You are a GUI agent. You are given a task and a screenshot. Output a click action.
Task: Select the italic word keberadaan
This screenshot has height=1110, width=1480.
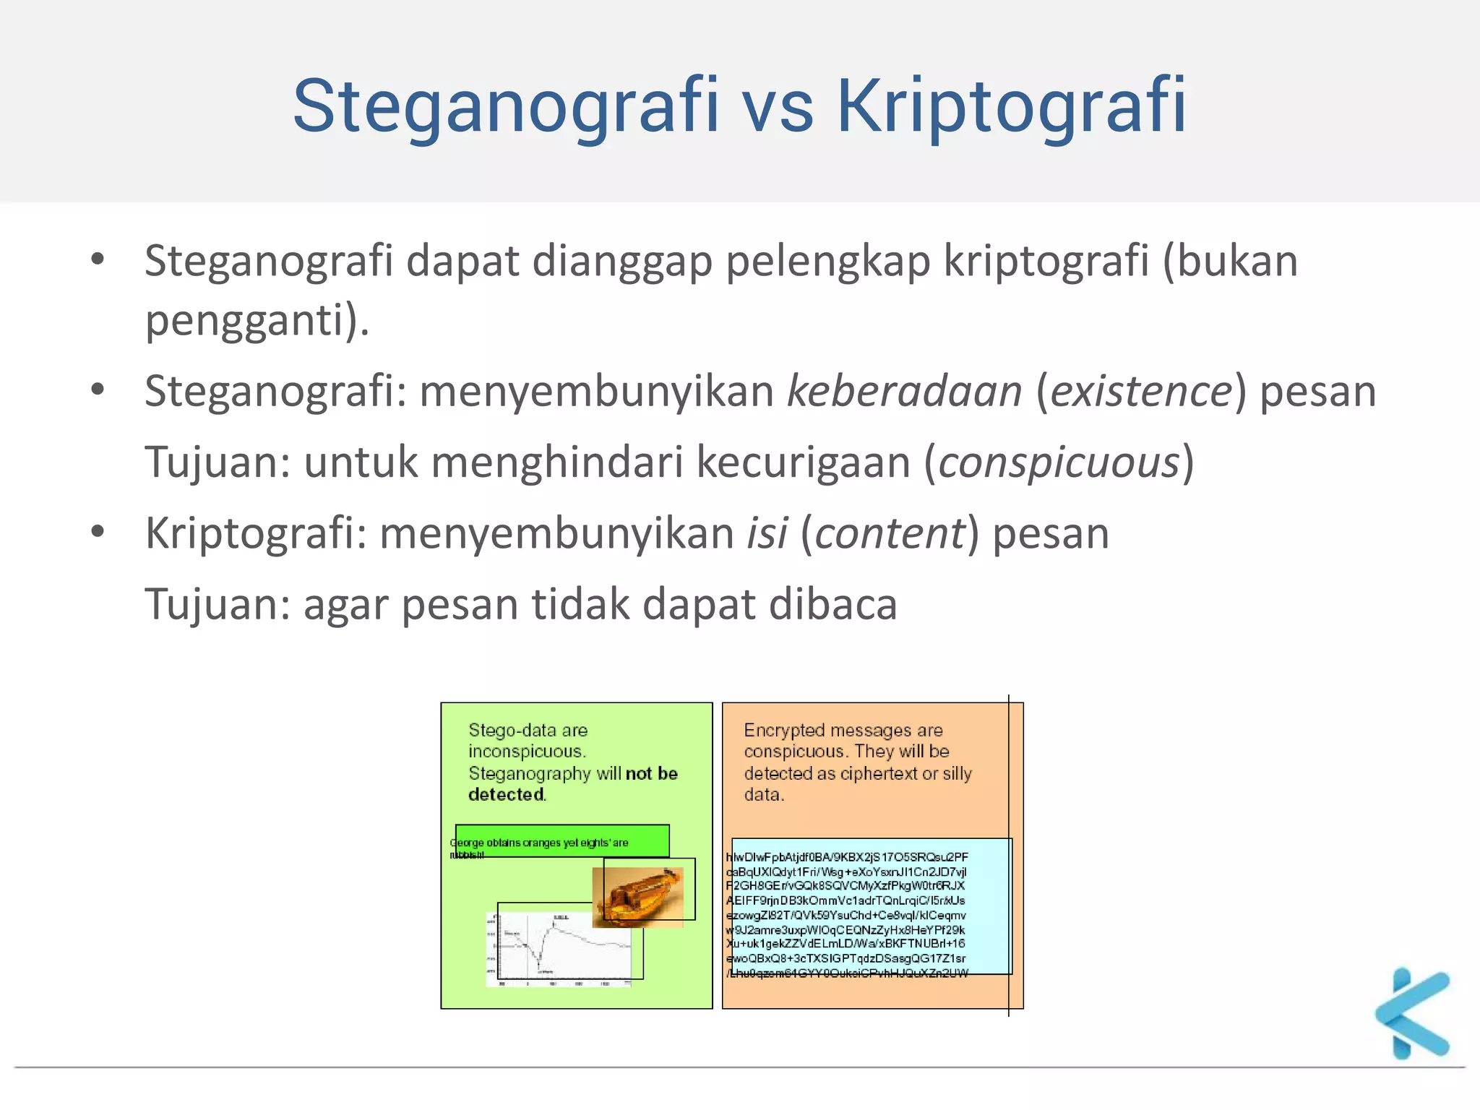[904, 392]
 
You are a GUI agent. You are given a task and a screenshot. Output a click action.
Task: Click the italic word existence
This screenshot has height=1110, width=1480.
[1141, 392]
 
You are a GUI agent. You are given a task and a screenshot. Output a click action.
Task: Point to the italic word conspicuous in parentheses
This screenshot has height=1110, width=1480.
[1059, 462]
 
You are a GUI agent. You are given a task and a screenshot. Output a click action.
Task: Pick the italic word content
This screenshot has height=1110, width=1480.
[890, 533]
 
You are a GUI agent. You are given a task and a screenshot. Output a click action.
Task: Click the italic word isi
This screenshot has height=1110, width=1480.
[767, 533]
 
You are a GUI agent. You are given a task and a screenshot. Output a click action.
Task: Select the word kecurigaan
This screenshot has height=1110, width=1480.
[803, 462]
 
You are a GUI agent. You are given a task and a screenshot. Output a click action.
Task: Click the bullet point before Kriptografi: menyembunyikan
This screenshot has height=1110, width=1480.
[98, 532]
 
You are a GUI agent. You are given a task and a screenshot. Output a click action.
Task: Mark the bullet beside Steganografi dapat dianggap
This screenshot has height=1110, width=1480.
[98, 259]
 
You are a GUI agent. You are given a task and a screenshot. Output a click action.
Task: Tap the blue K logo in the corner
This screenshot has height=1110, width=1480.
[1412, 1013]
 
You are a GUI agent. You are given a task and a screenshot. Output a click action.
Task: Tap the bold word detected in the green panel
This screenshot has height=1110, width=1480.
[506, 794]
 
